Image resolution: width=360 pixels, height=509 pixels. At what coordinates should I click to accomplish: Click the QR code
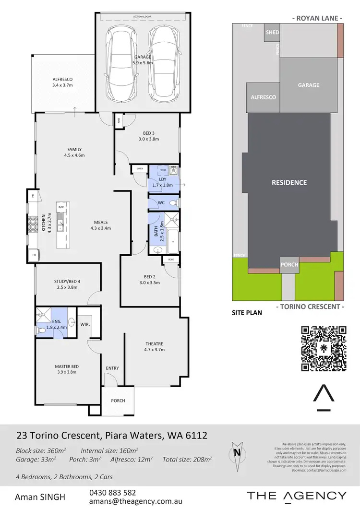(324, 348)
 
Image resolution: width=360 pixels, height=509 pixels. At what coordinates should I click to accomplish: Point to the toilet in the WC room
(174, 203)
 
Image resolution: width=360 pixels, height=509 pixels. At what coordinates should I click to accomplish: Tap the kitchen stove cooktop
(34, 224)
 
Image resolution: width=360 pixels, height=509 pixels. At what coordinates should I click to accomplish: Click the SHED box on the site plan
(272, 33)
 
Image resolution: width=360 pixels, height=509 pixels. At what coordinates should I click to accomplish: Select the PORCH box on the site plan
(289, 264)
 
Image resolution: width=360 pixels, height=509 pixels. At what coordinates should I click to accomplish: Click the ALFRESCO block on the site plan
(264, 97)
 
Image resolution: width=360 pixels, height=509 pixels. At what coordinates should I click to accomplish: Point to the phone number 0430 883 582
(112, 493)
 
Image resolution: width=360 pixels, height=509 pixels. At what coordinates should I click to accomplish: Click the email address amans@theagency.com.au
(136, 501)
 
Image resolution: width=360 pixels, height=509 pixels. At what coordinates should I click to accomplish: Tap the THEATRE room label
(155, 344)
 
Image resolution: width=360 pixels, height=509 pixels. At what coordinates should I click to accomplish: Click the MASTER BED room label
(67, 367)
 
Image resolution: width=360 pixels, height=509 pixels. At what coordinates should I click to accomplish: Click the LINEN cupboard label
(140, 168)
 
